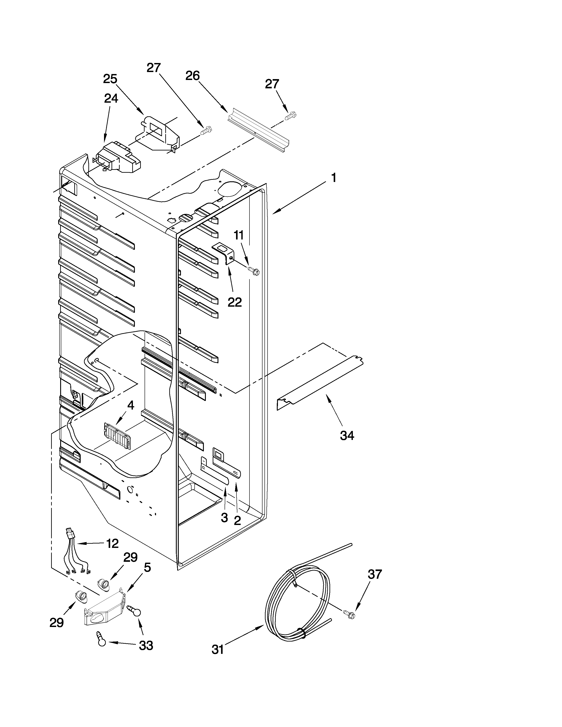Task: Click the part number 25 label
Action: tap(110, 79)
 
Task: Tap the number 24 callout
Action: tap(111, 98)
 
